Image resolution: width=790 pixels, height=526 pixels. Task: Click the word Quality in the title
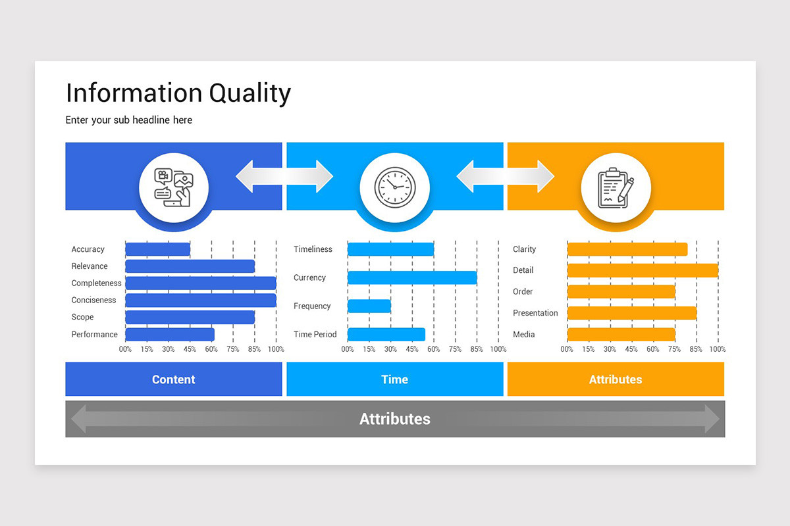coord(250,93)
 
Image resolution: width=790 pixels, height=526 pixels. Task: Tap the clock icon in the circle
coord(395,187)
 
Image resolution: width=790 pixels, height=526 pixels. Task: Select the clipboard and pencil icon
coord(616,187)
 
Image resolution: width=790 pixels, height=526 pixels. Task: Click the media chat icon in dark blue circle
coord(173,187)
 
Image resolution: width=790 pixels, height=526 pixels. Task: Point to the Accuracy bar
coord(157,249)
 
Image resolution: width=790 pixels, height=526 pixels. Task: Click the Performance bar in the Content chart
coord(169,335)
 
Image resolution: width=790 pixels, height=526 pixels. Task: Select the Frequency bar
coord(369,306)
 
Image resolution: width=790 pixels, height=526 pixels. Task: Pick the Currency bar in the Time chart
coord(411,277)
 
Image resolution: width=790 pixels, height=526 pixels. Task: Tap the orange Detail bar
coord(642,270)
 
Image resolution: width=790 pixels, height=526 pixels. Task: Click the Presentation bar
coord(631,313)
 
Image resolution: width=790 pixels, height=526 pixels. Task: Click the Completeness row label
coord(96,283)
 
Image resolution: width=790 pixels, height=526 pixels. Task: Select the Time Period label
coord(315,335)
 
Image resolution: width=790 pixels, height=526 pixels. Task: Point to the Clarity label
coord(524,249)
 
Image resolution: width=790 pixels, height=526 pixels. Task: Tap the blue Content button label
coord(173,379)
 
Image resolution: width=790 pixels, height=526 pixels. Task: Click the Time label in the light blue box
coord(394,379)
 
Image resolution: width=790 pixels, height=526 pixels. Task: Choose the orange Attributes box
coord(615,379)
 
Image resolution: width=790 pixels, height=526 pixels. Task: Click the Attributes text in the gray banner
coord(394,419)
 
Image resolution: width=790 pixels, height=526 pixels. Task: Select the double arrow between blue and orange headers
coord(506,176)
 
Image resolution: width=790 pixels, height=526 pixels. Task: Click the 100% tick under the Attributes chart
coord(717,349)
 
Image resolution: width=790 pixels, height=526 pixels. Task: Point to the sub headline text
coord(128,120)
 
